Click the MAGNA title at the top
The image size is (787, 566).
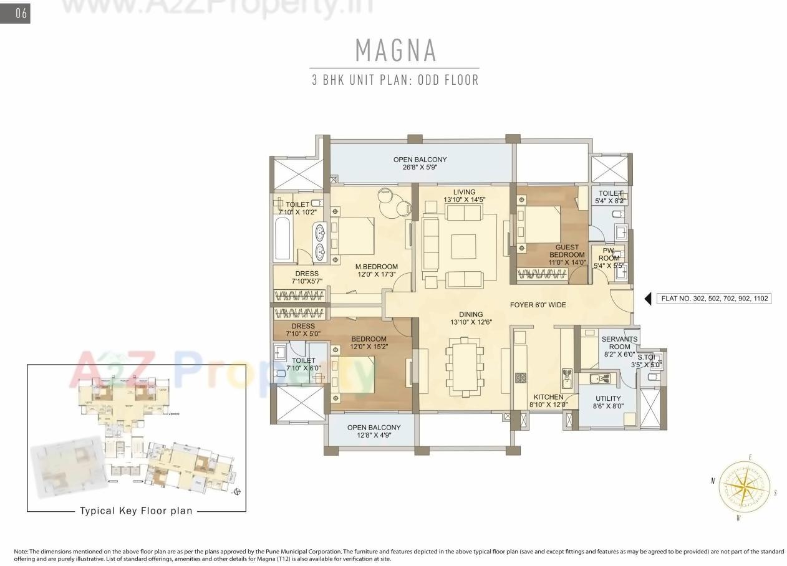pyautogui.click(x=395, y=50)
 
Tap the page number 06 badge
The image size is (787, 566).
pyautogui.click(x=16, y=13)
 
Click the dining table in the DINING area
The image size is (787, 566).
pyautogui.click(x=464, y=367)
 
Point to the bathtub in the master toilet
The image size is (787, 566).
pyautogui.click(x=282, y=238)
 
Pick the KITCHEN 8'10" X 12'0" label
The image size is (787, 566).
pyautogui.click(x=548, y=401)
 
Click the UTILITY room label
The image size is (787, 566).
pyautogui.click(x=607, y=403)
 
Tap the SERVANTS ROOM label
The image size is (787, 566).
pyautogui.click(x=619, y=347)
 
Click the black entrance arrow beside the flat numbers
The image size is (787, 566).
pyautogui.click(x=648, y=299)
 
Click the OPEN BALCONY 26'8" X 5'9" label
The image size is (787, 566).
pyautogui.click(x=420, y=163)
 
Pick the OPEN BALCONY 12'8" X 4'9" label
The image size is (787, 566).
pyautogui.click(x=374, y=431)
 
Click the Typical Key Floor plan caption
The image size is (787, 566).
pyautogui.click(x=136, y=511)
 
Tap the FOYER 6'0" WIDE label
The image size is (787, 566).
pyautogui.click(x=538, y=305)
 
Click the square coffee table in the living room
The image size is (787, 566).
pyautogui.click(x=464, y=246)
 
